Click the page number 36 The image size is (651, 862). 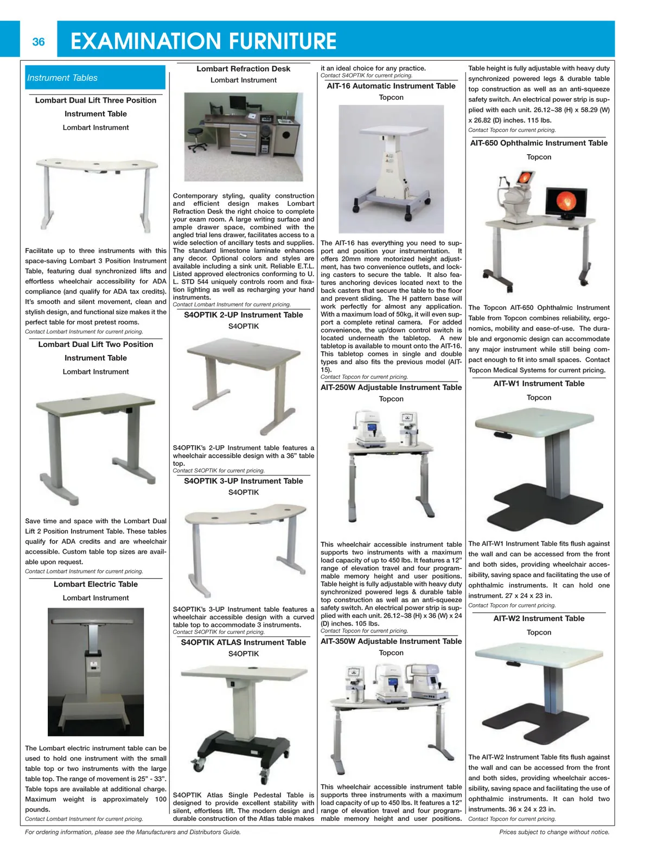[39, 42]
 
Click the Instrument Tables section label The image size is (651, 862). [62, 78]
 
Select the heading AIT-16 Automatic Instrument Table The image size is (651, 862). [391, 86]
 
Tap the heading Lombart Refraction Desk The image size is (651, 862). [243, 69]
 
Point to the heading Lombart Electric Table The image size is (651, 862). [95, 584]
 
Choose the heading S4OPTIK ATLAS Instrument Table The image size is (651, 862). [243, 642]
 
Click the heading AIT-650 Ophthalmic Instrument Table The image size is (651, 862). [539, 143]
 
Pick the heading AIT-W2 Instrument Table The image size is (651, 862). [539, 618]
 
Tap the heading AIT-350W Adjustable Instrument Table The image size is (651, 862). [391, 641]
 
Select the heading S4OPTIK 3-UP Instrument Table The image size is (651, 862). [243, 481]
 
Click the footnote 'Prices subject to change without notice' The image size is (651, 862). [554, 832]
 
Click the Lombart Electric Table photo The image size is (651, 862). [96, 671]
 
